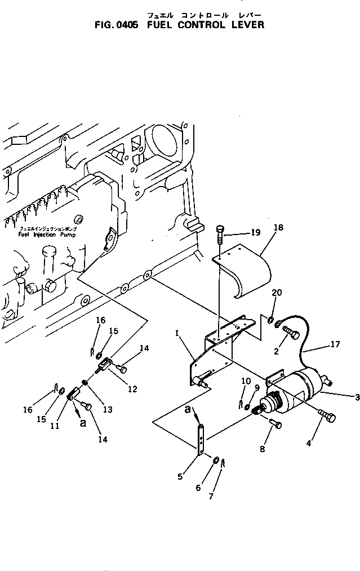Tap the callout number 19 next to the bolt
click(x=256, y=232)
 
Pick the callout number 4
click(x=308, y=444)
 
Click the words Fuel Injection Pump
click(x=38, y=234)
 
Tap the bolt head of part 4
click(x=331, y=418)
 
